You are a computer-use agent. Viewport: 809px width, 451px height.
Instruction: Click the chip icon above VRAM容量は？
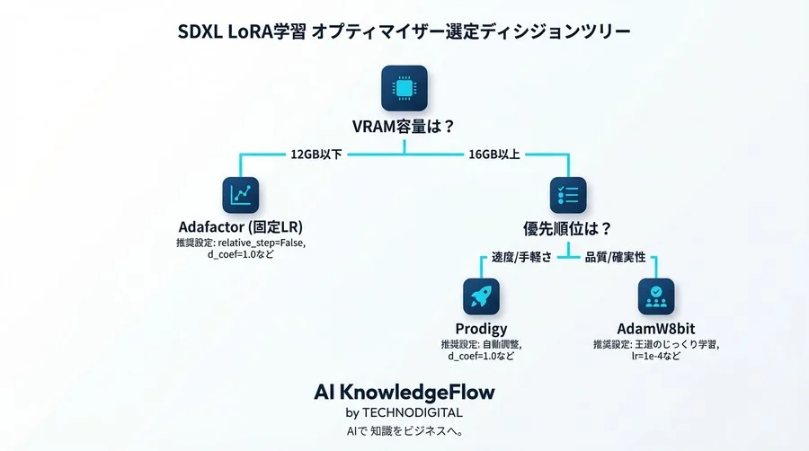[x=404, y=87]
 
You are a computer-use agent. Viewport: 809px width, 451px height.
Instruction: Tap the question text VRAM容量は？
[x=404, y=127]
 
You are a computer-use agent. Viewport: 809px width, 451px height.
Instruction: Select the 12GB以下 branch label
[x=316, y=154]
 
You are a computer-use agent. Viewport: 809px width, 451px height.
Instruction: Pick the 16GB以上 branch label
[x=493, y=154]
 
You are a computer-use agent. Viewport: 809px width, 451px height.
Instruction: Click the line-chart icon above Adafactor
[x=240, y=194]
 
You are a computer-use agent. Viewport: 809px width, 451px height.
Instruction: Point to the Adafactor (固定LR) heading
[x=240, y=226]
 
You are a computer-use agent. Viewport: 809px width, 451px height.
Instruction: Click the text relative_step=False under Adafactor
[x=260, y=243]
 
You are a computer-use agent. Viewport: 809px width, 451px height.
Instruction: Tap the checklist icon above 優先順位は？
[x=567, y=194]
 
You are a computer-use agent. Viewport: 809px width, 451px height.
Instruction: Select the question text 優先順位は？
[x=567, y=226]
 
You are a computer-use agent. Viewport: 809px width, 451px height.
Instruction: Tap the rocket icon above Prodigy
[x=481, y=296]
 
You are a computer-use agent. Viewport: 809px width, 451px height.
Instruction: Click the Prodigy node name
[x=481, y=329]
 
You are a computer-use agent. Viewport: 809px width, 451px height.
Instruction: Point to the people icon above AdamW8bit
[x=656, y=296]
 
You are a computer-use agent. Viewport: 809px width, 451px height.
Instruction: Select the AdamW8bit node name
[x=656, y=329]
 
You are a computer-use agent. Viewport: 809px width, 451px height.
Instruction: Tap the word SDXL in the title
[x=202, y=31]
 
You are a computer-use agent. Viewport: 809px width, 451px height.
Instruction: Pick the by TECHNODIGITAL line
[x=404, y=412]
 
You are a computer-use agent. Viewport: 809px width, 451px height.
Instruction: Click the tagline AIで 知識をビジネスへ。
[x=404, y=430]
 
